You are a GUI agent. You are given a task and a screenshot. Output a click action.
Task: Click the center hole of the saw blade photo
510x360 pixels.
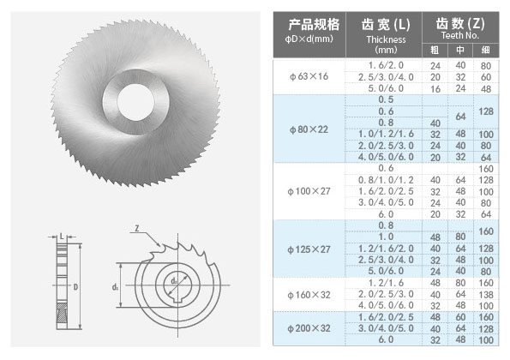tap(135, 102)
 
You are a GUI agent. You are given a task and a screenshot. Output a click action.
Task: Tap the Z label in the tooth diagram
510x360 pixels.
tap(137, 228)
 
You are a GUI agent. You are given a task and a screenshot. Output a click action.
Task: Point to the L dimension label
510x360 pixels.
tap(62, 237)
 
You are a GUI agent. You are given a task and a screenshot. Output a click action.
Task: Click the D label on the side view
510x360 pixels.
tap(75, 287)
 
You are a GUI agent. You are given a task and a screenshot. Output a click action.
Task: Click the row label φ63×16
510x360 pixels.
tap(309, 76)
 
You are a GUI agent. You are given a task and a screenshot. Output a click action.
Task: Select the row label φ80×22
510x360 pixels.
tap(309, 129)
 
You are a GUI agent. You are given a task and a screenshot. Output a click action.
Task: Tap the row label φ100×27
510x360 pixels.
tap(309, 191)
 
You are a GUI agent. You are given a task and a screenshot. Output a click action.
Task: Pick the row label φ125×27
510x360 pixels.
tap(309, 249)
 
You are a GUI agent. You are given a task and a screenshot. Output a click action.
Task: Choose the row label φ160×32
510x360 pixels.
tap(309, 295)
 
